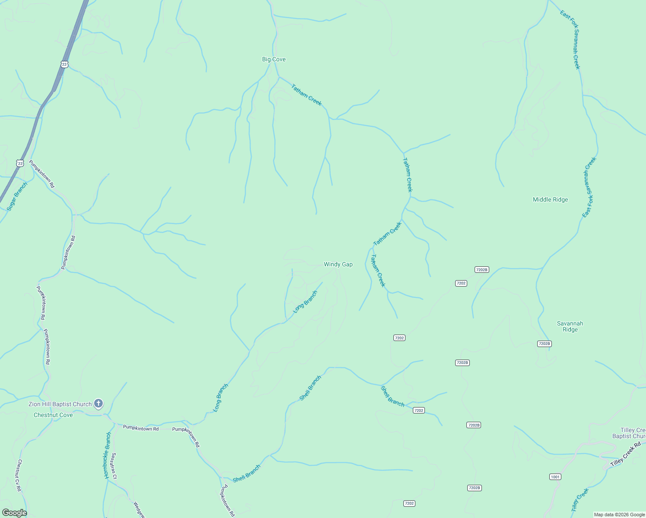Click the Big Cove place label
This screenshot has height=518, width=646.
(274, 60)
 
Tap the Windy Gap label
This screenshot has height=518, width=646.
(338, 265)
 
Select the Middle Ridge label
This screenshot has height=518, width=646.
(550, 199)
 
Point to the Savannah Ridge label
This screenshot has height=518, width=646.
(570, 326)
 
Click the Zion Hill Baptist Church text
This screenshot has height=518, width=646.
(60, 404)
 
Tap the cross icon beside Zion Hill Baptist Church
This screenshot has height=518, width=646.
(98, 404)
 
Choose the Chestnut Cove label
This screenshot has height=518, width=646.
(53, 415)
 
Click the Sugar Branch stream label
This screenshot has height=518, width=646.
(17, 196)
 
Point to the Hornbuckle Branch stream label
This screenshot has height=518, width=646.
(108, 455)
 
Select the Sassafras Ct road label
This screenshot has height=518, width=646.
(114, 466)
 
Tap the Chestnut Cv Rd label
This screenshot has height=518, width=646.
(19, 475)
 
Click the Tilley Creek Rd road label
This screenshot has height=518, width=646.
(625, 456)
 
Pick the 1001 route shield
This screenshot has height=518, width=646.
(555, 477)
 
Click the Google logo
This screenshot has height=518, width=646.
(14, 513)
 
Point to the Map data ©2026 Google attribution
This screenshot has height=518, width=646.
(619, 515)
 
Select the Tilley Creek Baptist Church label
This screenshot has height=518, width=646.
(630, 433)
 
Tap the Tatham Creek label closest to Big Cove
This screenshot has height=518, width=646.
(306, 95)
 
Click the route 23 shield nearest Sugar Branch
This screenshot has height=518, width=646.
(20, 163)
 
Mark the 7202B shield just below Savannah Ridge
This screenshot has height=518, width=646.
(544, 344)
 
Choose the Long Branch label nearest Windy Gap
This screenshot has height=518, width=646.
(305, 302)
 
